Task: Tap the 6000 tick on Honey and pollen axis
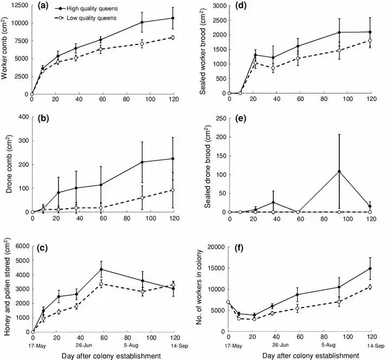(20, 246)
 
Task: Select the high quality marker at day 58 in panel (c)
(101, 269)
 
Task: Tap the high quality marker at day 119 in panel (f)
(370, 268)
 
